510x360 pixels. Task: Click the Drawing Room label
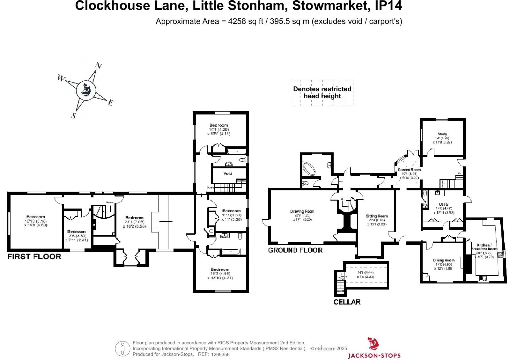302,211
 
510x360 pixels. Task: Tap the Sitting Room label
377,216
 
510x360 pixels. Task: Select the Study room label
442,134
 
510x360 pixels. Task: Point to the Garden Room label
409,170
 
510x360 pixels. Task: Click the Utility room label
443,204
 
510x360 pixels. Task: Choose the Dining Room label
444,260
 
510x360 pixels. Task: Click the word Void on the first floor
228,173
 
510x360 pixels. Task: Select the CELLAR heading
347,302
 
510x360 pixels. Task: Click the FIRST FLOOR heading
34,256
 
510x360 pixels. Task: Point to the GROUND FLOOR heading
295,250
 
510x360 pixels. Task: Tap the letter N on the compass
99,66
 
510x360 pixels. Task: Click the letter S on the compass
74,116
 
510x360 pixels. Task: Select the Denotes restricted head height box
322,93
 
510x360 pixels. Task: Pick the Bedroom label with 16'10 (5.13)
36,217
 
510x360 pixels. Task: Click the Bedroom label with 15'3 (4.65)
220,269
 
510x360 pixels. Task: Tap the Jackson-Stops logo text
374,355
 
